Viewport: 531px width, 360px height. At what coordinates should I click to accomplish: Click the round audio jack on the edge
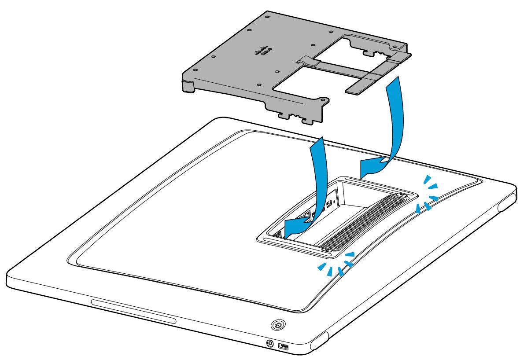[x=269, y=342]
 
